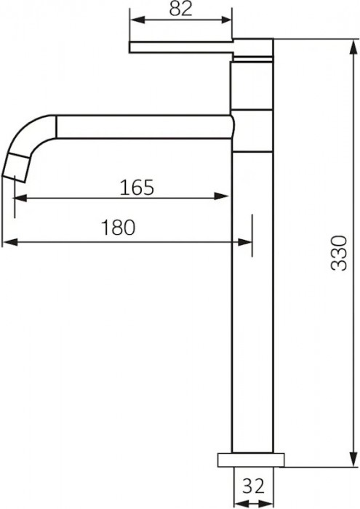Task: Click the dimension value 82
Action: [x=180, y=9]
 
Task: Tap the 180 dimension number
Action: [x=118, y=228]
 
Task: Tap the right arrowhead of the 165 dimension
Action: [x=225, y=196]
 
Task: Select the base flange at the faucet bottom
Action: [x=252, y=460]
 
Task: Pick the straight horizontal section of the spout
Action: [x=142, y=127]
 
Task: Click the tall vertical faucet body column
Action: [x=252, y=291]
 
